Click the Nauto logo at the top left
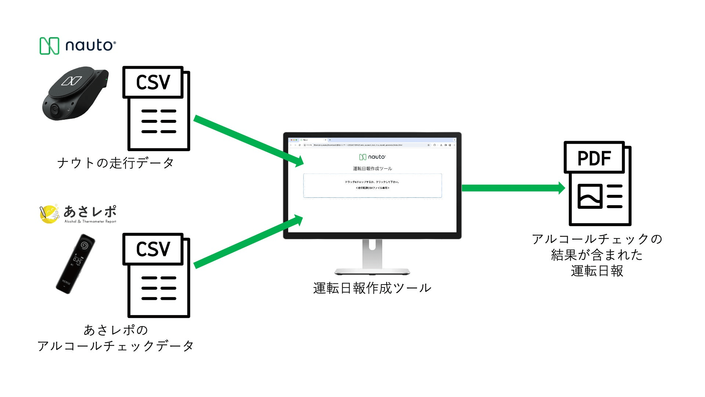click(x=77, y=46)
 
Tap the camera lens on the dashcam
click(x=55, y=109)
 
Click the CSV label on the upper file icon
click(x=153, y=82)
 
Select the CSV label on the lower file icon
click(x=153, y=249)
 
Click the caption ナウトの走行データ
click(x=115, y=163)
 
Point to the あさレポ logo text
click(x=90, y=212)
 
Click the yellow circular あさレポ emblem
click(x=49, y=214)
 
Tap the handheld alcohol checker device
click(x=75, y=264)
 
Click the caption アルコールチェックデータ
click(x=115, y=346)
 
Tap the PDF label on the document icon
click(x=594, y=158)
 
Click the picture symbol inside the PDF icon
click(x=590, y=196)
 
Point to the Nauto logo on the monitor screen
click(x=372, y=157)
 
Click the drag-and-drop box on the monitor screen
click(x=372, y=185)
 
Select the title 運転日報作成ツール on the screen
click(x=372, y=169)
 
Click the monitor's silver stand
click(x=372, y=257)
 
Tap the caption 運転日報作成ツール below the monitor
click(x=372, y=288)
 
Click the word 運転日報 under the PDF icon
click(x=597, y=271)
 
